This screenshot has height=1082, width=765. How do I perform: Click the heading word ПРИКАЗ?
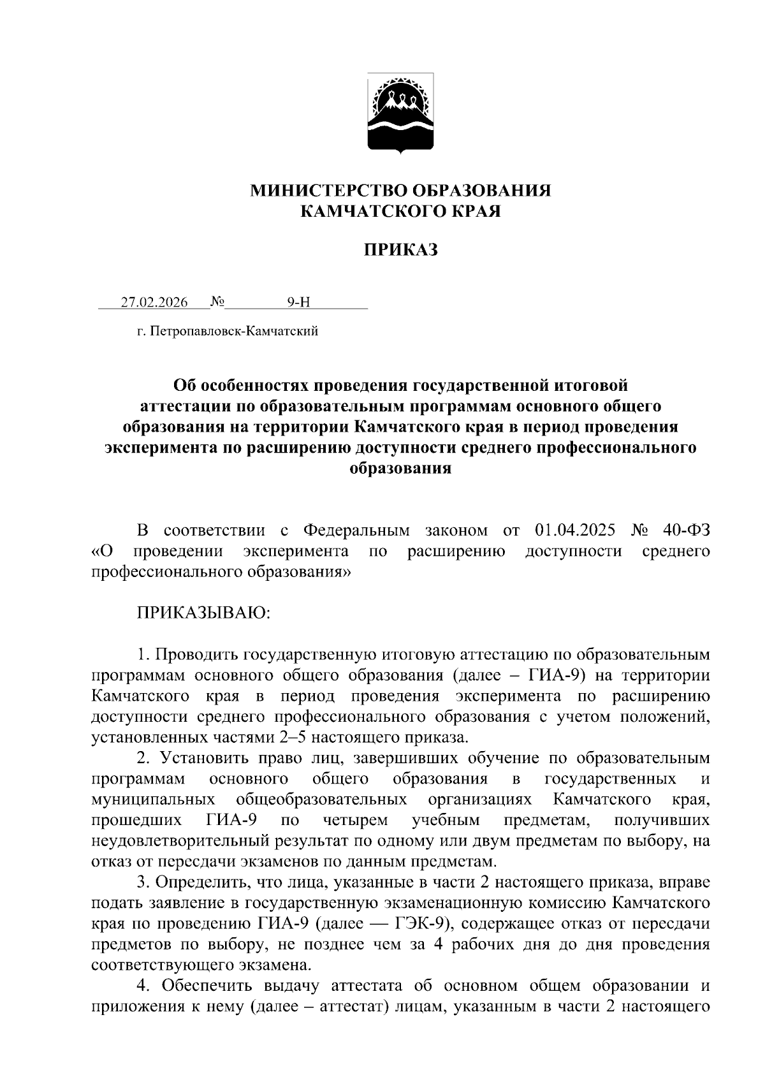coord(400,250)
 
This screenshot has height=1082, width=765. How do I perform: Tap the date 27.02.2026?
coord(154,302)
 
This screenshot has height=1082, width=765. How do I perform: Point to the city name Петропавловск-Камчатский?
coord(233,332)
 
